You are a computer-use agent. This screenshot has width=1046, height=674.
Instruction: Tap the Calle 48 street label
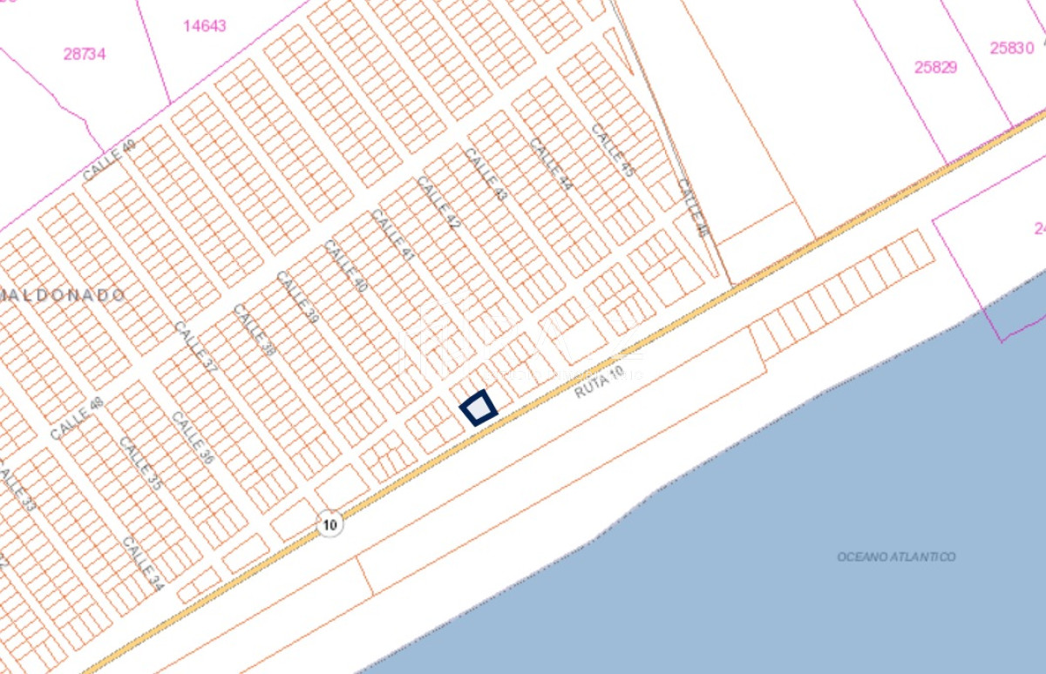point(77,419)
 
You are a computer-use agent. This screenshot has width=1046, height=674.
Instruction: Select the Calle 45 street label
point(612,151)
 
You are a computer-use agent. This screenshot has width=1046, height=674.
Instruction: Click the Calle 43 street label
point(486,174)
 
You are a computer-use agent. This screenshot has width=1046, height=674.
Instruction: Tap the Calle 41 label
point(392,235)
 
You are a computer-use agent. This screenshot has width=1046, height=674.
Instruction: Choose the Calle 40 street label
point(346,266)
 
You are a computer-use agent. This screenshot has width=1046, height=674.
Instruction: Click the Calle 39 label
point(297,297)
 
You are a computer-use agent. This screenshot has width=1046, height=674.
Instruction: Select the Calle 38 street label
point(254,330)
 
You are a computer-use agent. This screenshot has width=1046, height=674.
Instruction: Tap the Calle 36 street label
point(193,437)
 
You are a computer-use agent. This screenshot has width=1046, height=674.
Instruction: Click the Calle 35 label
point(140,464)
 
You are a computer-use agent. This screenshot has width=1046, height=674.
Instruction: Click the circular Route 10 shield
point(329,525)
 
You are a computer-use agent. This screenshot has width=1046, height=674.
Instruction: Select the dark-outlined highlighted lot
point(478,408)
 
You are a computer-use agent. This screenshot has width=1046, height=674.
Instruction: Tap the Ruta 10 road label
point(599,382)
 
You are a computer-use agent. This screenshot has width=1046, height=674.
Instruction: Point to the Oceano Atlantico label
point(896,556)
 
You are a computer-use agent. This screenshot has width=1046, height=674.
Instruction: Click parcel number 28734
point(85,54)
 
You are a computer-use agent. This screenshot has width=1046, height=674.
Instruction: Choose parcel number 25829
point(935,67)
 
